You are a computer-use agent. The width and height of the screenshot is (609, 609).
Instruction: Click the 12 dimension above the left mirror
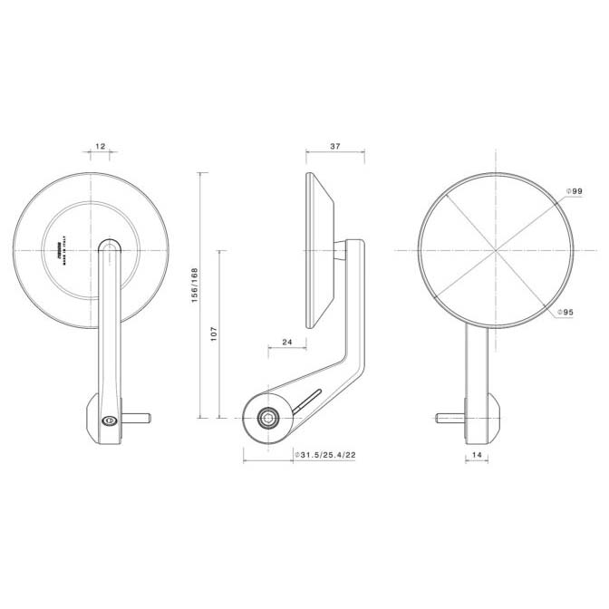[100, 146]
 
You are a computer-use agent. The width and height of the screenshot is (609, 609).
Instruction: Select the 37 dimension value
[334, 146]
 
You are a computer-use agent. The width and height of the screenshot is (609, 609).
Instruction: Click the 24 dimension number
[286, 342]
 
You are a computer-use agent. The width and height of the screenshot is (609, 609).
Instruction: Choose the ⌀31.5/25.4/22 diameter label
[324, 454]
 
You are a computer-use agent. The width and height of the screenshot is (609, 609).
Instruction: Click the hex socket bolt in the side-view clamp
[269, 417]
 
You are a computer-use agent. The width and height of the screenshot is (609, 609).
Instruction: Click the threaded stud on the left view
[137, 418]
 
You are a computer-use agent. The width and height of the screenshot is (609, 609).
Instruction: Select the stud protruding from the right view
[449, 418]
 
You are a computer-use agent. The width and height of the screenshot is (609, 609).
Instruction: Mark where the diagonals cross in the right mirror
[496, 251]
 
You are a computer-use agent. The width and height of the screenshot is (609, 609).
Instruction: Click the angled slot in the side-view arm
[307, 400]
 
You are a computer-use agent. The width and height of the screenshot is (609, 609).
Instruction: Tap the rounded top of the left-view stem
[110, 246]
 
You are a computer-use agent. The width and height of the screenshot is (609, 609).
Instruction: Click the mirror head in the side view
[321, 250]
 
